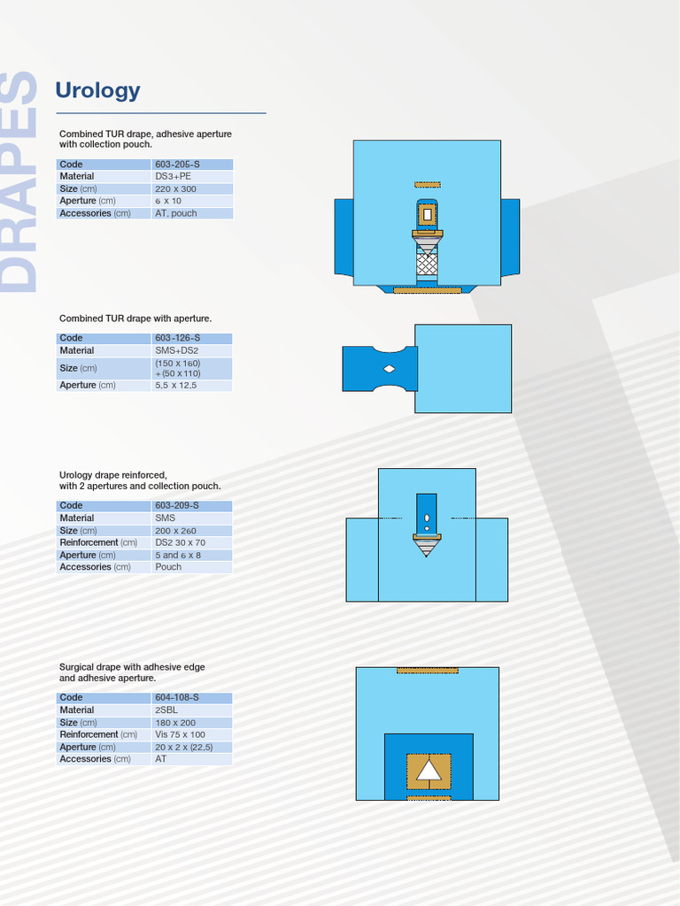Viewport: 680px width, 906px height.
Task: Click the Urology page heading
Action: click(x=97, y=90)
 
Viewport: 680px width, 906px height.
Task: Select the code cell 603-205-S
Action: click(x=177, y=165)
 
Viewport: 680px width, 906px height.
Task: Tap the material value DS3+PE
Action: click(x=173, y=176)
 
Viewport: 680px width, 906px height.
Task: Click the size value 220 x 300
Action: click(x=175, y=188)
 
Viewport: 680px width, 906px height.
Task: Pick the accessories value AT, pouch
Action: click(x=176, y=213)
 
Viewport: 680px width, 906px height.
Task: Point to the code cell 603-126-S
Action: click(x=177, y=338)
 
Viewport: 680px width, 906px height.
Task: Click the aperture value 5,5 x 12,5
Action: click(x=176, y=385)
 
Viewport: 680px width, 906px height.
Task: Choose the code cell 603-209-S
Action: click(x=177, y=506)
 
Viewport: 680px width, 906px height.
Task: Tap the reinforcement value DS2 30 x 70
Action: click(x=180, y=542)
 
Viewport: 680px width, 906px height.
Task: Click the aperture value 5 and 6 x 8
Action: click(x=178, y=555)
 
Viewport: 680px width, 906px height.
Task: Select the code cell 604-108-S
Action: click(x=177, y=697)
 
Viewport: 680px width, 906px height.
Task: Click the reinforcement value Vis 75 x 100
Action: click(x=180, y=734)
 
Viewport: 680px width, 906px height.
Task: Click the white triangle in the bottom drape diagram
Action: click(x=429, y=771)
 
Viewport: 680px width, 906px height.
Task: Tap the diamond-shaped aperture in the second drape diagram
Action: click(x=389, y=368)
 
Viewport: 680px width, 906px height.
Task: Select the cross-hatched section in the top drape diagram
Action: click(x=428, y=263)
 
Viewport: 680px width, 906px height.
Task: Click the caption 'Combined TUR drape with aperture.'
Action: click(x=135, y=318)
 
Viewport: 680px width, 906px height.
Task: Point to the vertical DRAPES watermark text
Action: click(x=19, y=181)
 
